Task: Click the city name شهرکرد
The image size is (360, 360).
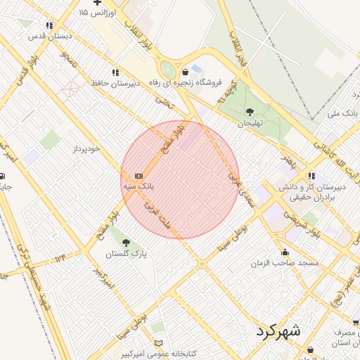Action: tap(278, 330)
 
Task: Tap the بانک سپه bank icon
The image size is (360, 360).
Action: tap(139, 176)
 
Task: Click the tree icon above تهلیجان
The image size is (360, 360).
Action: tap(250, 111)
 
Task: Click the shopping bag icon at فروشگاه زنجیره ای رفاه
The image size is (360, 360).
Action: tap(185, 72)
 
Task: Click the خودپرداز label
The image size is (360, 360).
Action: tap(88, 149)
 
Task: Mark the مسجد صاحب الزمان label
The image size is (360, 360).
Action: tap(285, 263)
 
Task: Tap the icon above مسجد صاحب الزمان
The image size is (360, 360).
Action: tap(285, 252)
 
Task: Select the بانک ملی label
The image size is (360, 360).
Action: tap(344, 112)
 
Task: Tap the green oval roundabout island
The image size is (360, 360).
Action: tap(168, 71)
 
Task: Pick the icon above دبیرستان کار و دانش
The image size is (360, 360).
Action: tap(311, 176)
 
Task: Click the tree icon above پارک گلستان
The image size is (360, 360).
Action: tap(126, 242)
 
